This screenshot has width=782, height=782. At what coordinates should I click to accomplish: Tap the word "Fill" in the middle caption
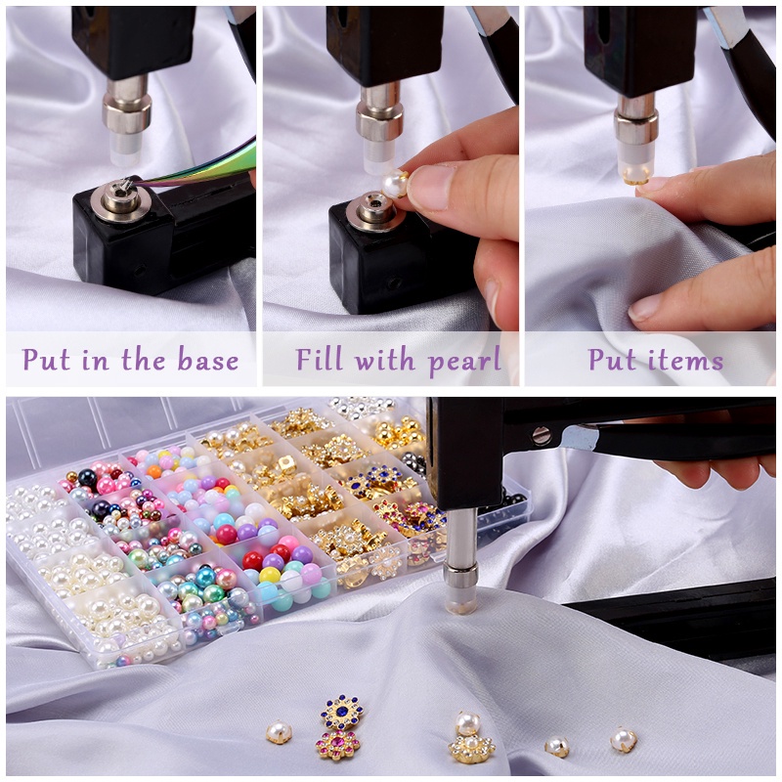321,360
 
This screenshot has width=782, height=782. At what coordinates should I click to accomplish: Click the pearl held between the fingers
396,183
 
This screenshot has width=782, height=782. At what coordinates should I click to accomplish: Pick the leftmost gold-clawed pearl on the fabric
279,731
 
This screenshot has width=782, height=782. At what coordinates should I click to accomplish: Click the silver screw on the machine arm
541,436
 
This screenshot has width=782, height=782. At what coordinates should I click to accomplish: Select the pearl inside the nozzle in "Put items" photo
635,175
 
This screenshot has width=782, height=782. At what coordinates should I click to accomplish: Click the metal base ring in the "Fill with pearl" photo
371,209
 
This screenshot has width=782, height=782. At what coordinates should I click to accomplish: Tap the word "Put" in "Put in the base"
46,360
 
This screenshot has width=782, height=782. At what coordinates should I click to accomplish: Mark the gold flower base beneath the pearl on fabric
471,748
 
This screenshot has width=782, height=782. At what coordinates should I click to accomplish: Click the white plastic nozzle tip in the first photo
126,148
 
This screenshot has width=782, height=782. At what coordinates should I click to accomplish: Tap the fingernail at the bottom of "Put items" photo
645,309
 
